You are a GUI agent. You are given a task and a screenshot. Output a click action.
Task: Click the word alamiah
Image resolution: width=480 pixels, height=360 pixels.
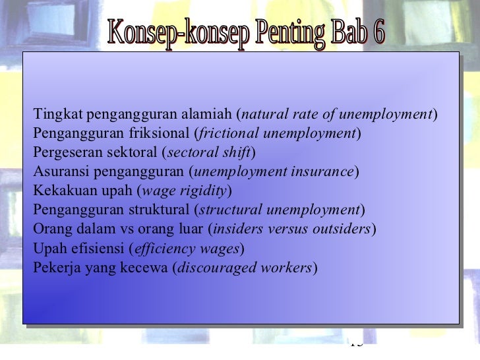[208, 113]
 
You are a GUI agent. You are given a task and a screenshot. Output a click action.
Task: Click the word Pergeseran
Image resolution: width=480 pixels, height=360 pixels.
[64, 153]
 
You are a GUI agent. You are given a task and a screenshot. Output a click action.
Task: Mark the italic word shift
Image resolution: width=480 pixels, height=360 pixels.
[237, 153]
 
